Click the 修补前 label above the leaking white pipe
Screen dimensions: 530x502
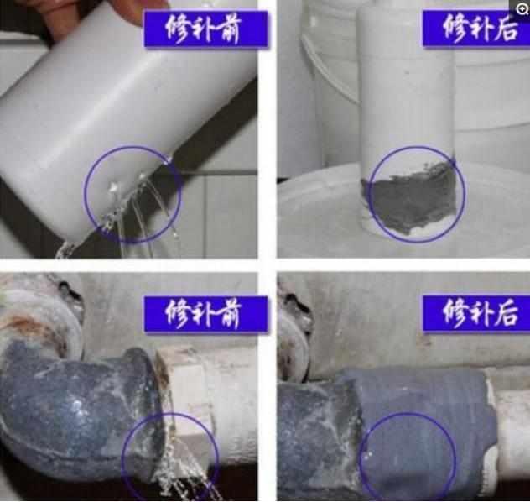point(205,29)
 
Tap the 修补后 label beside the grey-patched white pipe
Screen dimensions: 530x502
point(476,29)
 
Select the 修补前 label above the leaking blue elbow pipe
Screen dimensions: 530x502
point(205,314)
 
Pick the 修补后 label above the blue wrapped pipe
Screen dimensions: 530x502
point(476,313)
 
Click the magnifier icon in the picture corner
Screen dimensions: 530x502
point(522,8)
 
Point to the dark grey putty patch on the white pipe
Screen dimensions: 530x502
point(410,199)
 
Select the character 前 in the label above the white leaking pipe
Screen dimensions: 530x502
point(230,29)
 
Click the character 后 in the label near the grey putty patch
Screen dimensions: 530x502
point(506,29)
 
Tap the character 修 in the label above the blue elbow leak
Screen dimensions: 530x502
point(177,314)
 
